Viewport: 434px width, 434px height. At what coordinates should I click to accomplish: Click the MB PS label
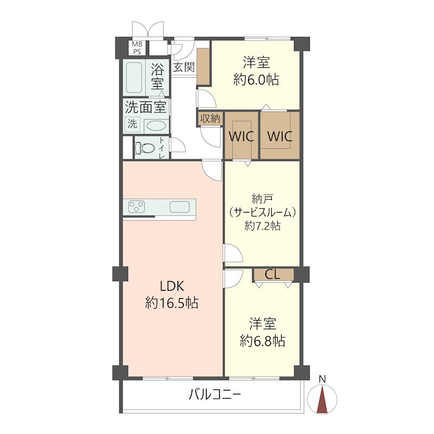tap(137, 48)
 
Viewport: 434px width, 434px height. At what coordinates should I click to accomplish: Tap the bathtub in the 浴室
tap(134, 77)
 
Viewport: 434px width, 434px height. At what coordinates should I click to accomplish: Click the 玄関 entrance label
tap(184, 67)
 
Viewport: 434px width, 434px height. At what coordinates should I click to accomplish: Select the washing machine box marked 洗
tap(132, 125)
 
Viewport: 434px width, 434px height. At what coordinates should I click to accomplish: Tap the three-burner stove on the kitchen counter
tap(137, 207)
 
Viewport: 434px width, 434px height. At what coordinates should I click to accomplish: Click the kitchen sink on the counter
tap(180, 207)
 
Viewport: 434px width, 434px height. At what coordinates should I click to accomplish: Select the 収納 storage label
tap(210, 119)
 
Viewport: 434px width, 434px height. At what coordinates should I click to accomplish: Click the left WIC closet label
tap(241, 137)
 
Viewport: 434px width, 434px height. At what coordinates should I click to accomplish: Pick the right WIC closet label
tap(280, 137)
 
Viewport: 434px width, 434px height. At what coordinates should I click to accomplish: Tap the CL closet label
tap(272, 275)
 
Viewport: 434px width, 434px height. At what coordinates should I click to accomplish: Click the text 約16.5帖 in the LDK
tap(172, 303)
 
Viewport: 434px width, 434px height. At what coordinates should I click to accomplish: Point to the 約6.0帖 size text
tap(256, 80)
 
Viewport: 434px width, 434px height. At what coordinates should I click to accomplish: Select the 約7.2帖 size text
tap(263, 226)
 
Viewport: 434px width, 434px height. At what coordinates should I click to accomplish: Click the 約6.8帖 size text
tap(263, 341)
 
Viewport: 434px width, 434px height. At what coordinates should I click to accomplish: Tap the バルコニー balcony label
tap(214, 394)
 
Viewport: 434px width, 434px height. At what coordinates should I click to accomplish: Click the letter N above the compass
tap(322, 379)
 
